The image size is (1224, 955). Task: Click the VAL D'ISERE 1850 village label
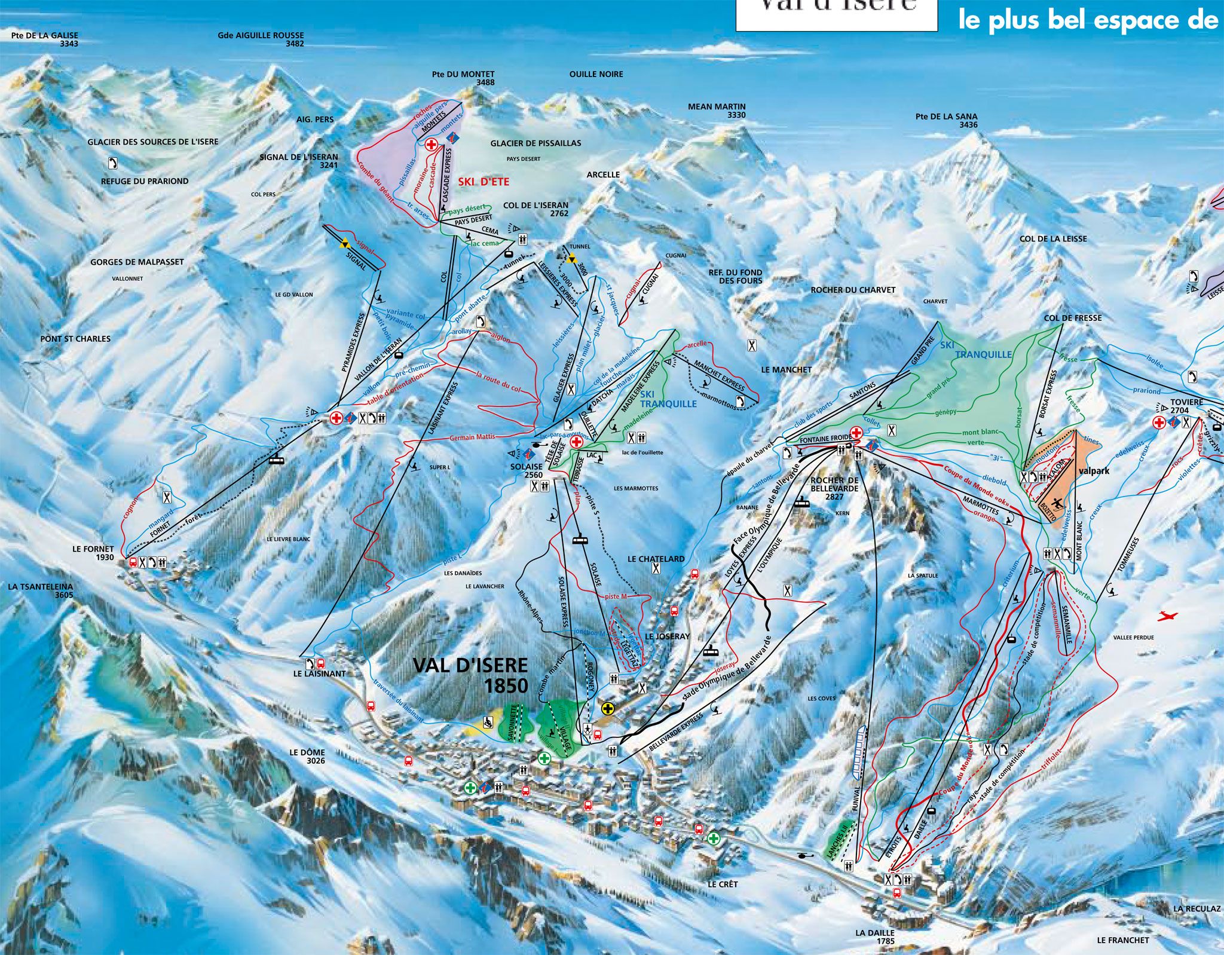pyautogui.click(x=470, y=675)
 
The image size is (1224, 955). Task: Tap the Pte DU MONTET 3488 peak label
pyautogui.click(x=464, y=78)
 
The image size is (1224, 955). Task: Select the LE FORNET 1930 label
pyautogui.click(x=93, y=553)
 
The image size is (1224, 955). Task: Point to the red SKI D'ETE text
pyautogui.click(x=484, y=181)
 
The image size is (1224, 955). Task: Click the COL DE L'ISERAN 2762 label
pyautogui.click(x=536, y=209)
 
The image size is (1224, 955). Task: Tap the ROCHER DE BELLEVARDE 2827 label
pyautogui.click(x=834, y=488)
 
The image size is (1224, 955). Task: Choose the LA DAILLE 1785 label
pyautogui.click(x=875, y=936)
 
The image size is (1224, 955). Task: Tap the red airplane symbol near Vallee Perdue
pyautogui.click(x=1166, y=616)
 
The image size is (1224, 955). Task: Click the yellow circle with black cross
pyautogui.click(x=608, y=709)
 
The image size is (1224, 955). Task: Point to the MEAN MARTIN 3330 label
pyautogui.click(x=717, y=111)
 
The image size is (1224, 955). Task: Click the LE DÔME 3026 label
pyautogui.click(x=308, y=757)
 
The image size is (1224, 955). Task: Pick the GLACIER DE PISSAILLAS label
pyautogui.click(x=535, y=143)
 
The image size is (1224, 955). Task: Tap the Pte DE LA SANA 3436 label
pyautogui.click(x=947, y=121)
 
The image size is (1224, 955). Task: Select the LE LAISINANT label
pyautogui.click(x=319, y=674)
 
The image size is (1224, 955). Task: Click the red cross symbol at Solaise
pyautogui.click(x=577, y=442)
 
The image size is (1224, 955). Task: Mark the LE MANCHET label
pyautogui.click(x=787, y=370)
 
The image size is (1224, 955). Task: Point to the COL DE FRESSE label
pyautogui.click(x=1073, y=318)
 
